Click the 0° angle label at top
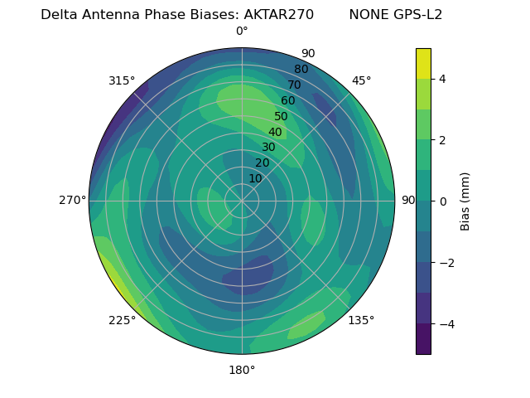click(x=242, y=32)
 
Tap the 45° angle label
click(x=361, y=80)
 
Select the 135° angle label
click(x=361, y=320)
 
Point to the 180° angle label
click(x=242, y=370)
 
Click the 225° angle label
click(x=122, y=320)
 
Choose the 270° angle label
click(x=72, y=200)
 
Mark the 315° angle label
click(x=122, y=80)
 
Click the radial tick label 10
click(x=255, y=179)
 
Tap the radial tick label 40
click(x=275, y=133)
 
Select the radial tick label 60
click(x=288, y=101)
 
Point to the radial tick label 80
click(x=301, y=70)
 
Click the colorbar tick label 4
click(x=442, y=79)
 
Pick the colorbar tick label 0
click(x=442, y=201)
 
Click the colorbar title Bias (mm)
click(x=465, y=201)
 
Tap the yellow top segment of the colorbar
click(x=423, y=63)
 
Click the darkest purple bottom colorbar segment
click(x=423, y=339)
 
